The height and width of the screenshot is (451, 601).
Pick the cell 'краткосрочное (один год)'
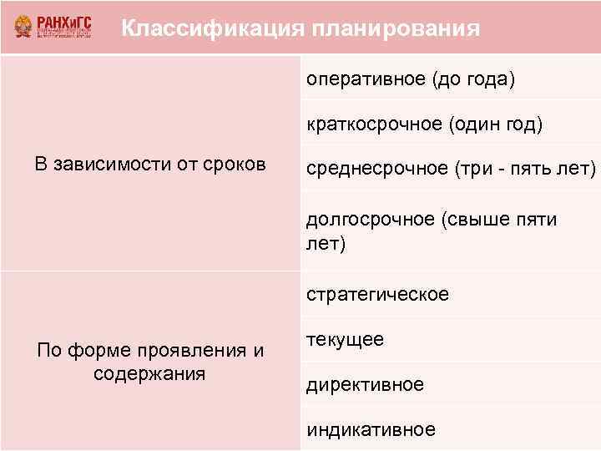(424, 124)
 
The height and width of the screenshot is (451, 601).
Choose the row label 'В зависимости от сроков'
(150, 164)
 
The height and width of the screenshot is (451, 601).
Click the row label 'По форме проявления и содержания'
(150, 362)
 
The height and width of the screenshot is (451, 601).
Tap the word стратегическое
(377, 295)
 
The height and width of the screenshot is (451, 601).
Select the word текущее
(345, 340)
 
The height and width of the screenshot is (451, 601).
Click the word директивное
(365, 385)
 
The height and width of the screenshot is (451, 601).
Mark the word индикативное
(371, 430)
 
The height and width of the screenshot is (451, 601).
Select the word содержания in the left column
(150, 372)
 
